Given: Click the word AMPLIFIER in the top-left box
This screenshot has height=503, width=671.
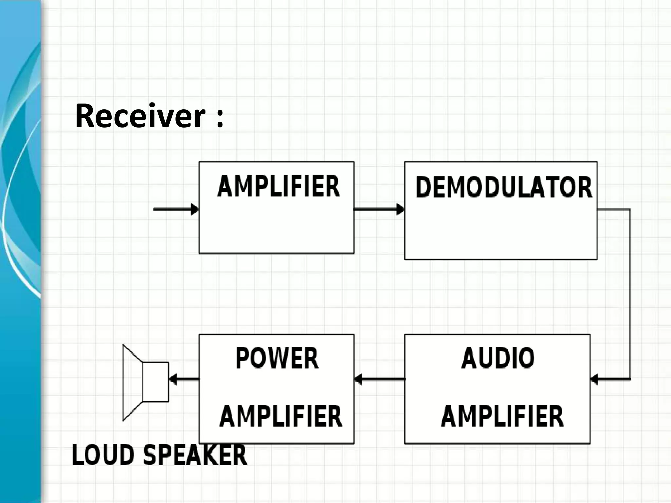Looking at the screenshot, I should (x=278, y=187).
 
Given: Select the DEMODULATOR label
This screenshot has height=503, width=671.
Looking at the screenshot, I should (x=504, y=188).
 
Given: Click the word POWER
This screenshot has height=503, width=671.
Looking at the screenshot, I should (x=277, y=359).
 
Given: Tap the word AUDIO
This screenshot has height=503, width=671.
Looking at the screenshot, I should (x=498, y=359).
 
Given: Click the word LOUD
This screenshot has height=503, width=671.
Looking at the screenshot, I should (x=103, y=455).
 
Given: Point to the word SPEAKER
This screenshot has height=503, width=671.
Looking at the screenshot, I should (x=195, y=455).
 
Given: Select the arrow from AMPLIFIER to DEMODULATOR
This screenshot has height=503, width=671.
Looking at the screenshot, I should (x=379, y=209).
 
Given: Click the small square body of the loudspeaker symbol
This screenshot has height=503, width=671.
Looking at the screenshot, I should (x=155, y=382).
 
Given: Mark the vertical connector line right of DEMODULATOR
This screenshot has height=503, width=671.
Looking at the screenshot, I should (x=630, y=295).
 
